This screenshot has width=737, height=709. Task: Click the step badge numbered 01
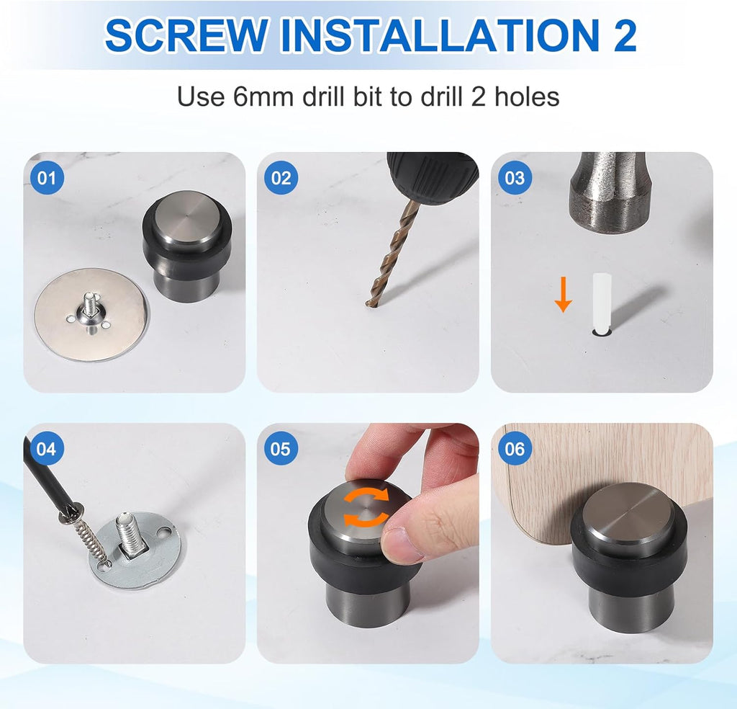[46, 177]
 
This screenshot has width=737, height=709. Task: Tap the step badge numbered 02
[281, 177]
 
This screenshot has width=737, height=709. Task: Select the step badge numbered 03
[515, 177]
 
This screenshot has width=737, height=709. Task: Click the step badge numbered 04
[46, 449]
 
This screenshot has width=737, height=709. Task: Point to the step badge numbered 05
[281, 449]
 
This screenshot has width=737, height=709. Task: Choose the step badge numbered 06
[515, 449]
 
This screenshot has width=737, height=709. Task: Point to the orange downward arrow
[563, 296]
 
